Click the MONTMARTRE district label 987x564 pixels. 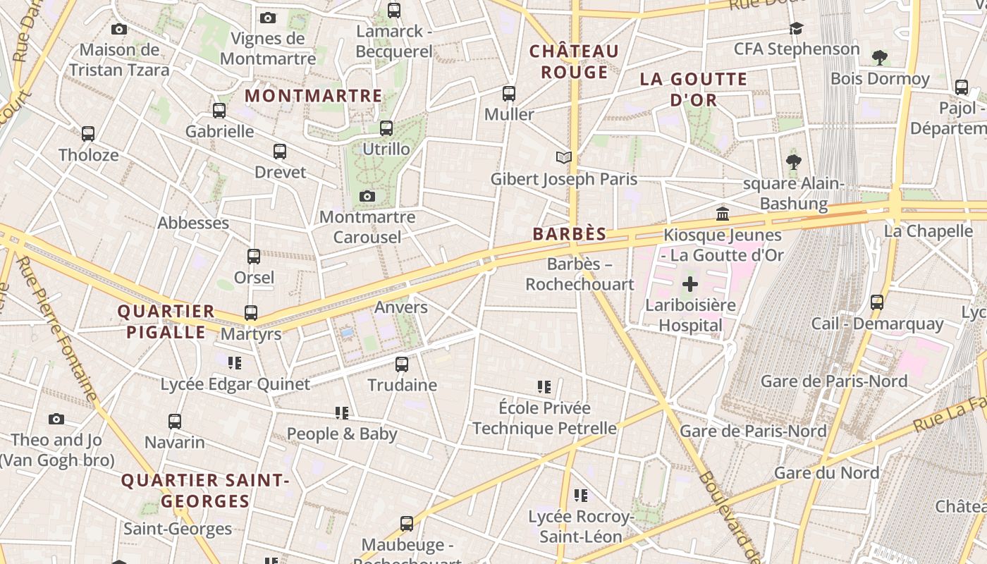[x=313, y=96]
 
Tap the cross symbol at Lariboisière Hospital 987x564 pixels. [x=690, y=285]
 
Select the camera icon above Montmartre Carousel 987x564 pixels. [x=367, y=196]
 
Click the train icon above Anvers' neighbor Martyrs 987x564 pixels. [x=251, y=312]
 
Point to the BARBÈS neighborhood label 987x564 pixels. [x=570, y=234]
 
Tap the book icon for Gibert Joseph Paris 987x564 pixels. [x=563, y=157]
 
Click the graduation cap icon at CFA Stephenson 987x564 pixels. [x=796, y=28]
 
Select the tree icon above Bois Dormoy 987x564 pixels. [x=879, y=57]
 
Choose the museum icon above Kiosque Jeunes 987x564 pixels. [x=723, y=214]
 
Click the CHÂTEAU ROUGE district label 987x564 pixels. [x=574, y=61]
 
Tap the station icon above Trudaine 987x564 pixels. [x=402, y=364]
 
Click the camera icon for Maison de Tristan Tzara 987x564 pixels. [x=119, y=29]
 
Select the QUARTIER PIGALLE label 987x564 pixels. [x=166, y=321]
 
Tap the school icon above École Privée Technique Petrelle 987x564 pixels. [x=544, y=387]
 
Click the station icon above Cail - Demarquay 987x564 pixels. [x=876, y=302]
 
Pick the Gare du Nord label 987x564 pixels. [x=826, y=472]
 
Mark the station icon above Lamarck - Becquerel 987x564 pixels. [x=394, y=11]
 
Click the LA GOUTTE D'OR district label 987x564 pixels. [x=694, y=90]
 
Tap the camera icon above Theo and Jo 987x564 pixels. [x=56, y=419]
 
